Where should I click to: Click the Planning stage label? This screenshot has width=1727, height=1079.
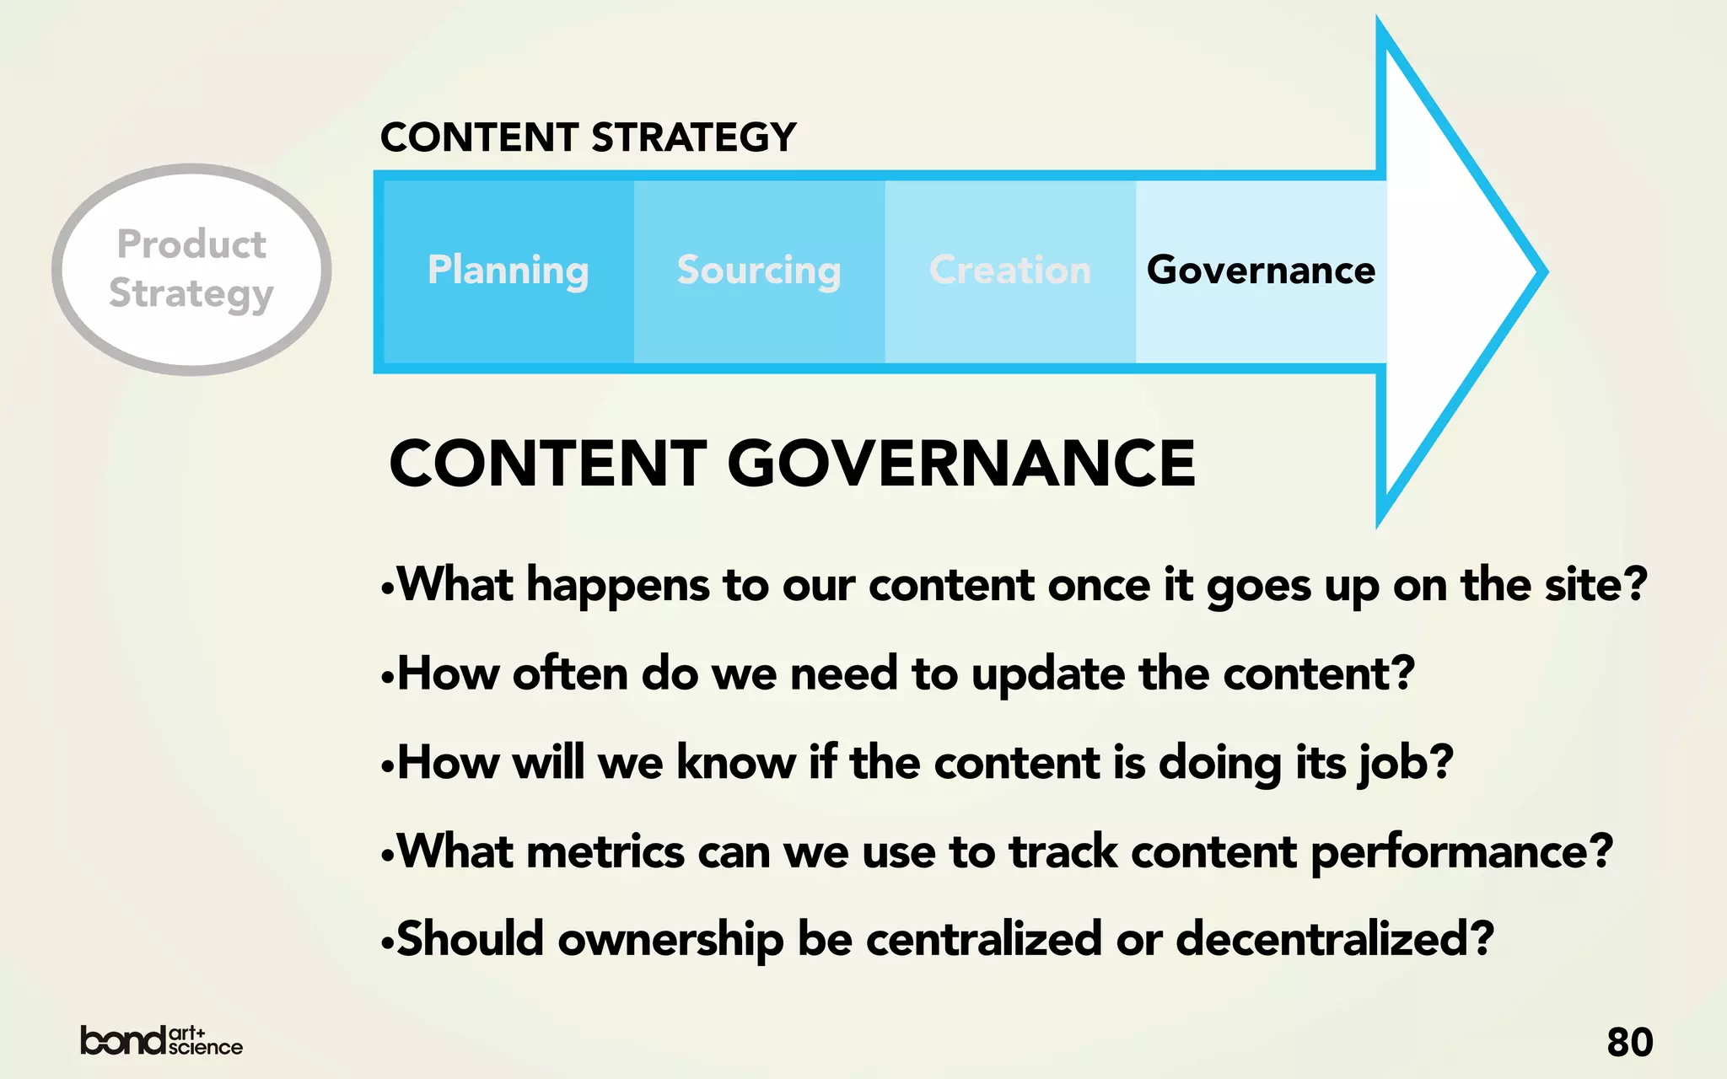tap(508, 271)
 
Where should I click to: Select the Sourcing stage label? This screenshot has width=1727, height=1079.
tap(759, 271)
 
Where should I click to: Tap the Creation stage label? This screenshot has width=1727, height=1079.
tap(1009, 271)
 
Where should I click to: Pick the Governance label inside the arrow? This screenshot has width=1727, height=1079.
tap(1261, 271)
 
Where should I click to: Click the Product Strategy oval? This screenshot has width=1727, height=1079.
tap(191, 269)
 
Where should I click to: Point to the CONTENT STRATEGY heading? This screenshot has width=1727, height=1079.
tap(588, 137)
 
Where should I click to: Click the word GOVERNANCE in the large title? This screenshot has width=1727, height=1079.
tap(961, 464)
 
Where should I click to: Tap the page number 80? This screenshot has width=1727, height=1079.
tap(1629, 1042)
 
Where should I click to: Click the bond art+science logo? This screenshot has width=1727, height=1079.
tap(161, 1041)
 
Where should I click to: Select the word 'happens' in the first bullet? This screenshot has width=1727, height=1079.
tap(617, 585)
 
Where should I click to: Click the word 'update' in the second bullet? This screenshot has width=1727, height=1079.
tap(1048, 674)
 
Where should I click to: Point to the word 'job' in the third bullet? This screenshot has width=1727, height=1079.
tap(1390, 764)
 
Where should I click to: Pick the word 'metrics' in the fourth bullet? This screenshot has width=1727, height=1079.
tap(605, 851)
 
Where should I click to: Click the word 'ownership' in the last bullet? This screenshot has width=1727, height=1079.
tap(670, 939)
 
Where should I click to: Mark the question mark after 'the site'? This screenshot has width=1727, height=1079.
tap(1635, 583)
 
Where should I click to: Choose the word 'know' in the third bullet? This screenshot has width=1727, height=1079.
tap(736, 763)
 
